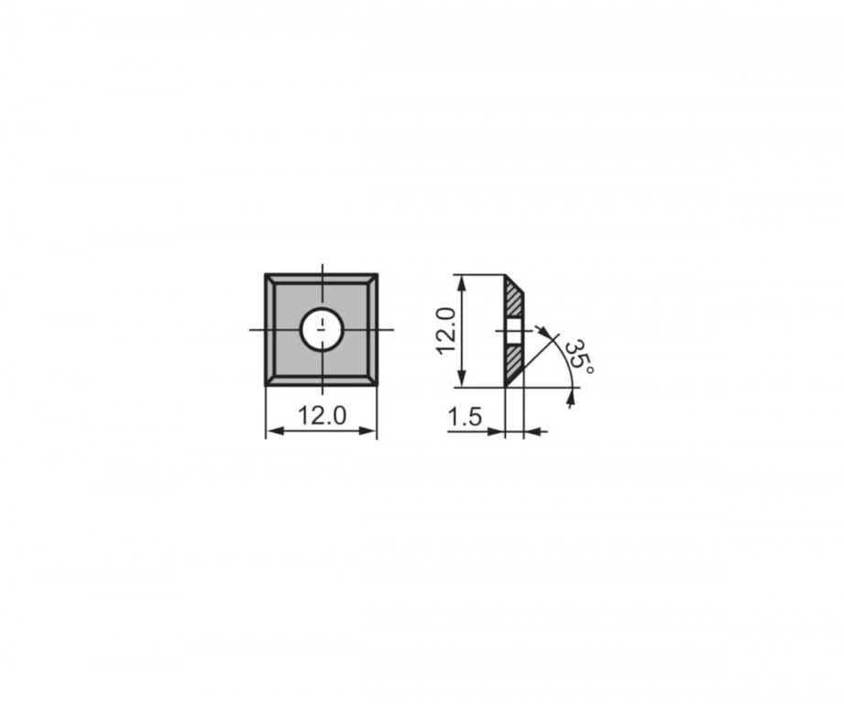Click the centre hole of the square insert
point(322,328)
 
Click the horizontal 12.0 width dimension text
point(321,415)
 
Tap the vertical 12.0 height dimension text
point(446,331)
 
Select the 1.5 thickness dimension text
point(465,417)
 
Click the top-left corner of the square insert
point(267,274)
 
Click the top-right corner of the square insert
point(377,274)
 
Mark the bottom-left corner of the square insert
point(267,385)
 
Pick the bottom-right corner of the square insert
point(377,385)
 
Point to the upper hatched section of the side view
point(513,299)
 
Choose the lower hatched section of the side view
point(513,361)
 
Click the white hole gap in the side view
point(513,329)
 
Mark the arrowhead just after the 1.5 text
point(499,431)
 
